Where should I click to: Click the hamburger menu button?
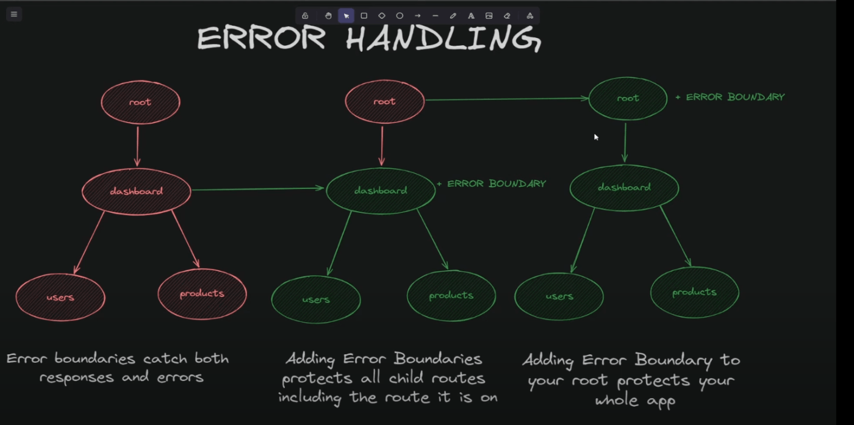14,15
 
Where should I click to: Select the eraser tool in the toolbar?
507,16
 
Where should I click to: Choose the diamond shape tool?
382,16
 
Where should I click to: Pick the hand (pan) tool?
328,16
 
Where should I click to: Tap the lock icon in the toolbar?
305,16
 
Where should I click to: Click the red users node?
60,298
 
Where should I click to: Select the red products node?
202,294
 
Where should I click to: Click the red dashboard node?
137,191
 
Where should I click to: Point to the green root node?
628,98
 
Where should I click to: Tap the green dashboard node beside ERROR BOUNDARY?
381,191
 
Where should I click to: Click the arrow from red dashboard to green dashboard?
257,188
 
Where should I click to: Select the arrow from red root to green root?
507,99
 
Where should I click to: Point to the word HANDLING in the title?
443,39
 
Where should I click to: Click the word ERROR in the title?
262,38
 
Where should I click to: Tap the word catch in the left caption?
165,359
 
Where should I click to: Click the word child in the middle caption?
406,377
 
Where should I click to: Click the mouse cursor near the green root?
597,137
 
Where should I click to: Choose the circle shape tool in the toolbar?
400,16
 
